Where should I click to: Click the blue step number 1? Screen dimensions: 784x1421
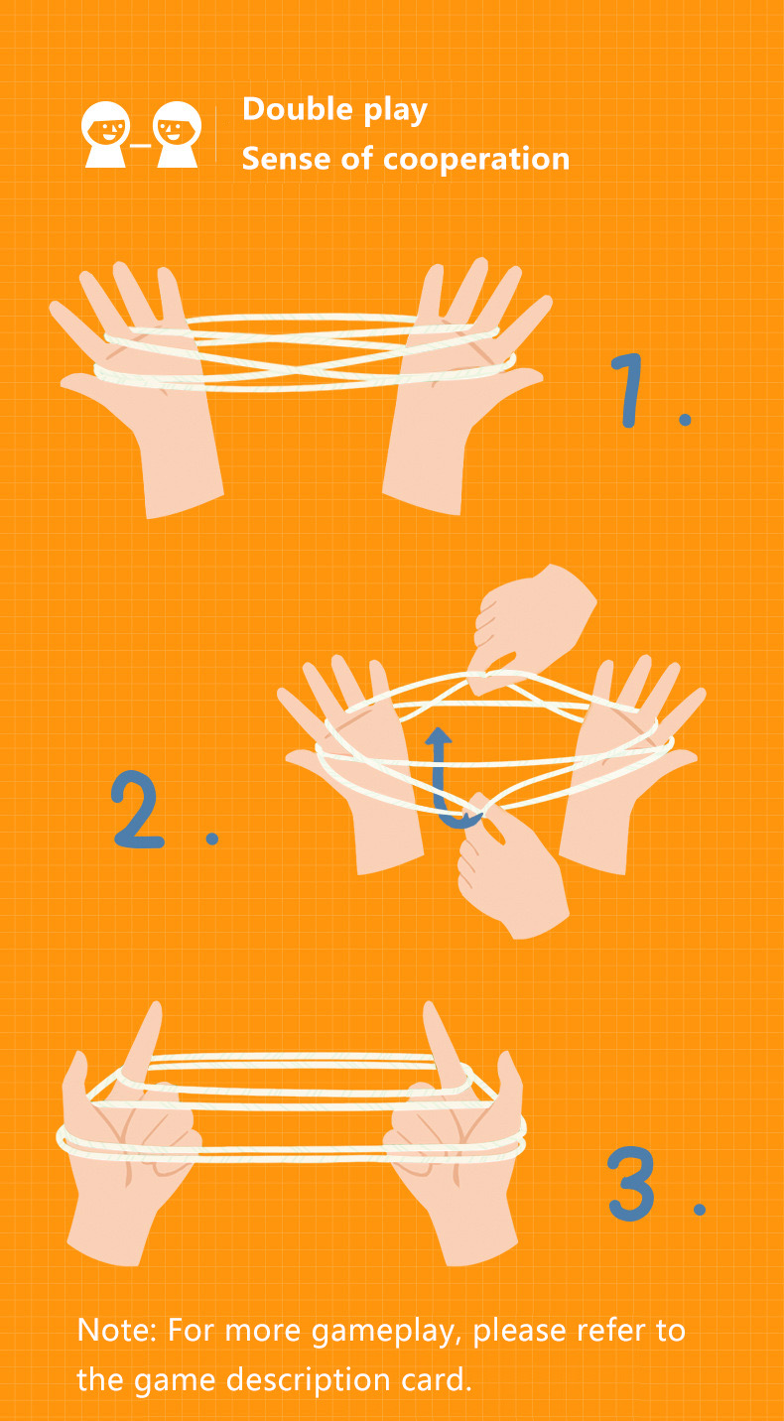(630, 390)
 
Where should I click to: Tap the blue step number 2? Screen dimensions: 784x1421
(137, 810)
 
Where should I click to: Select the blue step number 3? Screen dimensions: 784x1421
(631, 1183)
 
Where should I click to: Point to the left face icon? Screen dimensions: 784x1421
(105, 134)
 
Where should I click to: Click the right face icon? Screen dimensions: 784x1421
(177, 134)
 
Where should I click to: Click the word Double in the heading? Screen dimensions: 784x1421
(297, 109)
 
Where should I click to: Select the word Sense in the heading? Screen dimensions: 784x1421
(288, 159)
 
